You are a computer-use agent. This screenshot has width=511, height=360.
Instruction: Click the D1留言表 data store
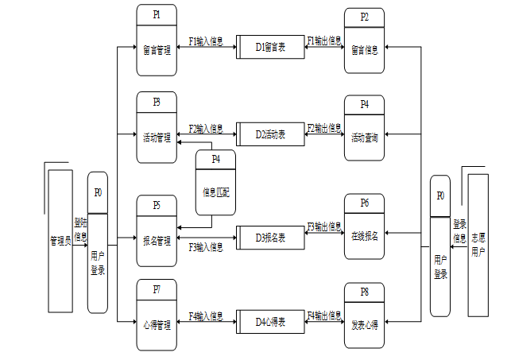[270, 48]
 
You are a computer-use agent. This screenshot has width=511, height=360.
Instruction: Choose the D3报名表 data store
[270, 237]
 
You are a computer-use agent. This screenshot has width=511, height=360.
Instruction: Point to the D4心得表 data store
[270, 321]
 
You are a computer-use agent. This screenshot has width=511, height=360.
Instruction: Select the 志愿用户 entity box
[478, 242]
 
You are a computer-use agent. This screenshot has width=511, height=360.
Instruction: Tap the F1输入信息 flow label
[206, 40]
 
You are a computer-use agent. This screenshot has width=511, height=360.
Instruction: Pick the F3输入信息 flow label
[206, 247]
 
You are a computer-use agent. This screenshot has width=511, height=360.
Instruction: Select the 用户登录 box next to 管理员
[98, 243]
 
